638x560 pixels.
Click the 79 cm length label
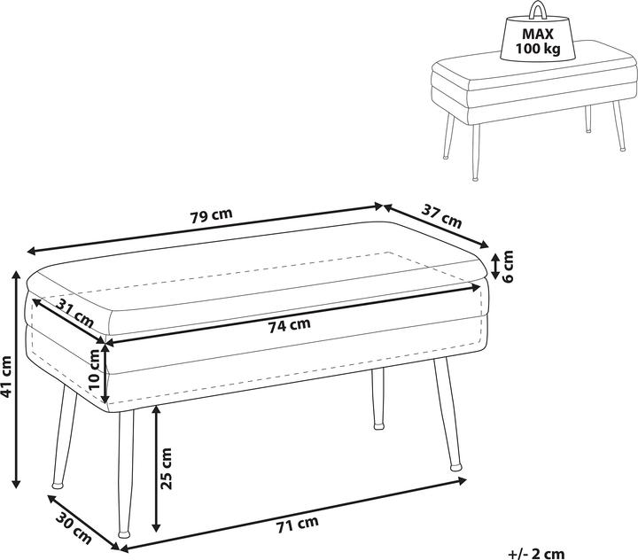[212, 215]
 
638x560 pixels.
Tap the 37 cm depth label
[441, 216]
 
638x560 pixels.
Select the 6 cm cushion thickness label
[508, 266]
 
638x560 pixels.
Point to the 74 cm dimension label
[289, 325]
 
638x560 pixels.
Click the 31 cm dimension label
[74, 313]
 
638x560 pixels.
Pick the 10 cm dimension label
[94, 370]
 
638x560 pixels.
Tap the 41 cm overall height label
[6, 377]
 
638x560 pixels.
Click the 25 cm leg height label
[166, 468]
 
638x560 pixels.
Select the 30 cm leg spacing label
[74, 528]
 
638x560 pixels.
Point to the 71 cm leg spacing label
[298, 525]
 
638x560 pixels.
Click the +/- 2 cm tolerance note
[536, 554]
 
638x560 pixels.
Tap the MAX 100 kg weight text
[538, 41]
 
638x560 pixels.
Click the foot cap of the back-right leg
[456, 467]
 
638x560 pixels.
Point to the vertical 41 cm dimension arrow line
[16, 378]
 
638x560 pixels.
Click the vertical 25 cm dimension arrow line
[156, 469]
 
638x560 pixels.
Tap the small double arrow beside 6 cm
[495, 266]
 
